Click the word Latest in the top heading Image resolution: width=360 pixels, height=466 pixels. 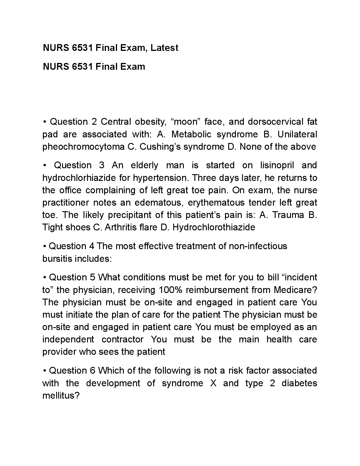point(164,48)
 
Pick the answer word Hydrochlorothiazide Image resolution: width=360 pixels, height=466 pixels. point(214,227)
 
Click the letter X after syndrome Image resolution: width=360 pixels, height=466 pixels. point(213,383)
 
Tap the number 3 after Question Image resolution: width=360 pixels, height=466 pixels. point(102,165)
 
